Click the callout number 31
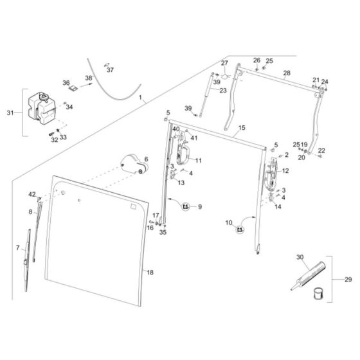pyautogui.click(x=10, y=113)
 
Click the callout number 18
pyautogui.click(x=150, y=273)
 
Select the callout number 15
pyautogui.click(x=241, y=129)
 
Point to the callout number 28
pyautogui.click(x=286, y=73)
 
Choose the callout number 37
pyautogui.click(x=110, y=69)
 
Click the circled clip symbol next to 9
pyautogui.click(x=186, y=206)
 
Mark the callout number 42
pyautogui.click(x=32, y=194)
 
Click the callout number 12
pyautogui.click(x=285, y=171)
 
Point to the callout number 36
pyautogui.click(x=66, y=83)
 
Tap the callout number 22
pyautogui.click(x=321, y=150)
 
